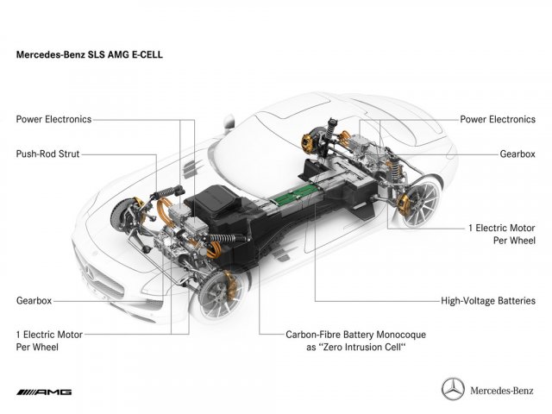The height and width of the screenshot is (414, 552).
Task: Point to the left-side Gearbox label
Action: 34,302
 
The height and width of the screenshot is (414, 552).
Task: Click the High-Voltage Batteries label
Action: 488,302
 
